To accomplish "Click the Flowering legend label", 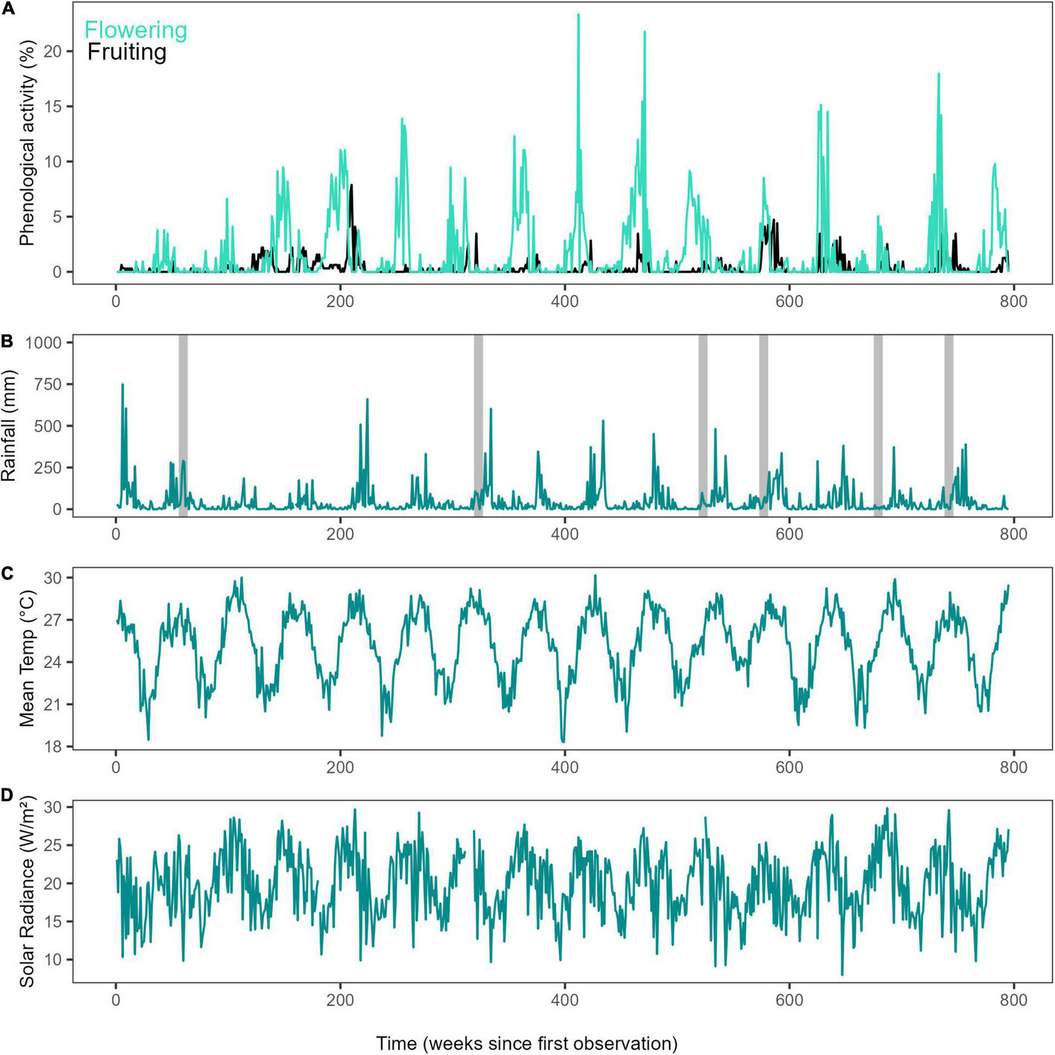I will (136, 30).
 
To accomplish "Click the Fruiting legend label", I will (126, 52).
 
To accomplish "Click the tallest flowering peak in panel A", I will (578, 14).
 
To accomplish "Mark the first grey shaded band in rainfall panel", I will (183, 426).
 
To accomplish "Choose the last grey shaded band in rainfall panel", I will (948, 426).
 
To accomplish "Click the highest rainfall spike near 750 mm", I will (123, 385).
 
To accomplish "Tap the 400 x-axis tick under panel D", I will (564, 1000).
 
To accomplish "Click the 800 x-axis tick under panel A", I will (1013, 302).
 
